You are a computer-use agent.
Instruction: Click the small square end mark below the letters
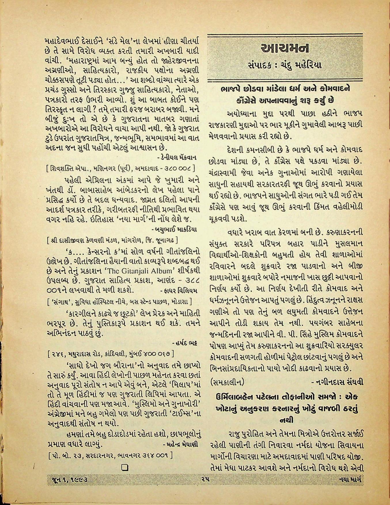tap(125, 468)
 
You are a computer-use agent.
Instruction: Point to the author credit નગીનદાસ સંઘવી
tap(337, 382)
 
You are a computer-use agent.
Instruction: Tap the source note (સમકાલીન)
tap(228, 382)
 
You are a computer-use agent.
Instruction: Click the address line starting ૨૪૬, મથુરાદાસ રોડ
tap(111, 353)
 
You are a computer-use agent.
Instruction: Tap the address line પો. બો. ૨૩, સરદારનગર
tap(110, 456)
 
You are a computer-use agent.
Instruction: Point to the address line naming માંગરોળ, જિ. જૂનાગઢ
tap(112, 240)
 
